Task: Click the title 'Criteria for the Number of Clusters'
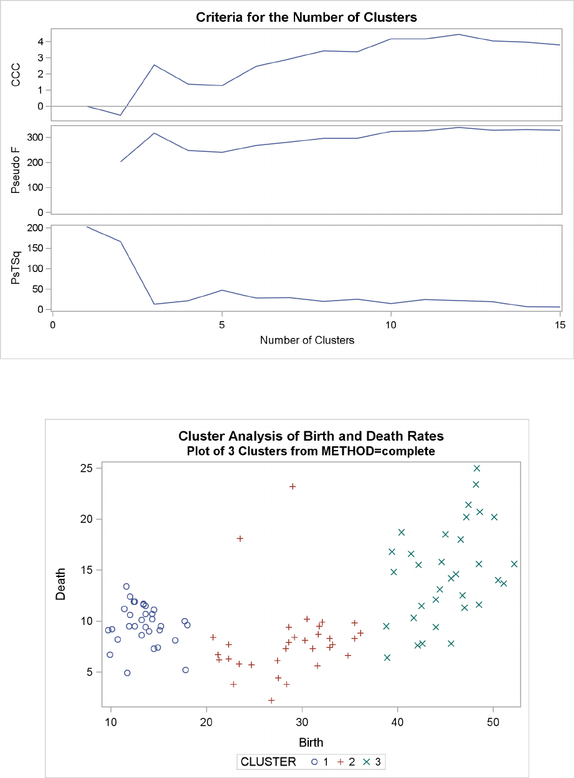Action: tap(306, 17)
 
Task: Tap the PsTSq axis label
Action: tap(26, 268)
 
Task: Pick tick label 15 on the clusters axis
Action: tap(559, 324)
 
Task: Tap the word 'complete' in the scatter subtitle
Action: tap(407, 451)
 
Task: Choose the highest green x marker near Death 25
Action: tap(477, 468)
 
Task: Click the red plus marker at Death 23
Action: tap(293, 486)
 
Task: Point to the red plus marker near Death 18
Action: tap(240, 538)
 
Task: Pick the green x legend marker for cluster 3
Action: tap(366, 761)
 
